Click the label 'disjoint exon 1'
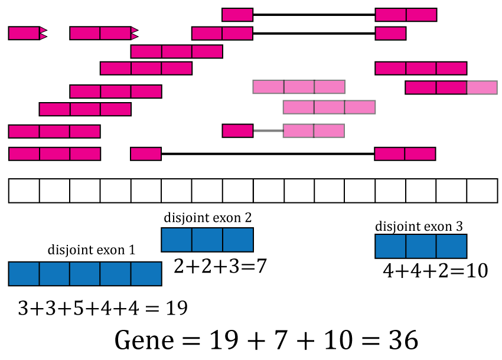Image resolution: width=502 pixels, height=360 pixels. pyautogui.click(x=92, y=250)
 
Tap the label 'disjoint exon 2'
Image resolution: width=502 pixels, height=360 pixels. pyautogui.click(x=207, y=217)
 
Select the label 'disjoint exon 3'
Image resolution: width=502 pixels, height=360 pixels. pyautogui.click(x=419, y=226)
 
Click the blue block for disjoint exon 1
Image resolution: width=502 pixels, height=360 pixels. pyautogui.click(x=84, y=274)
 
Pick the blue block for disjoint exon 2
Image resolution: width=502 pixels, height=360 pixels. pyautogui.click(x=207, y=240)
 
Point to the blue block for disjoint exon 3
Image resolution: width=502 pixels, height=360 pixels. pyautogui.click(x=421, y=246)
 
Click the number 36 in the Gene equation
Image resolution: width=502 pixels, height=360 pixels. pyautogui.click(x=403, y=341)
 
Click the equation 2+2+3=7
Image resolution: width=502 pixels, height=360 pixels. pyautogui.click(x=220, y=266)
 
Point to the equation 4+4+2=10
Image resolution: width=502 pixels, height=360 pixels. pyautogui.click(x=435, y=271)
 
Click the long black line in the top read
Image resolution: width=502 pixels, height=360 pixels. pyautogui.click(x=314, y=15)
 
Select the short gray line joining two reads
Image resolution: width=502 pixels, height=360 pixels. pyautogui.click(x=268, y=130)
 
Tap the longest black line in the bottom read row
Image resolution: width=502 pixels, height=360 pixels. pyautogui.click(x=268, y=154)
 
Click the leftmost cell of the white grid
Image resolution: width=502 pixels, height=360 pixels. pyautogui.click(x=24, y=191)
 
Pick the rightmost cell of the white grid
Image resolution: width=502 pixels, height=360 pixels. pyautogui.click(x=483, y=191)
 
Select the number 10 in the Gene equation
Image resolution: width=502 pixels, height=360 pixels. pyautogui.click(x=344, y=341)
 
